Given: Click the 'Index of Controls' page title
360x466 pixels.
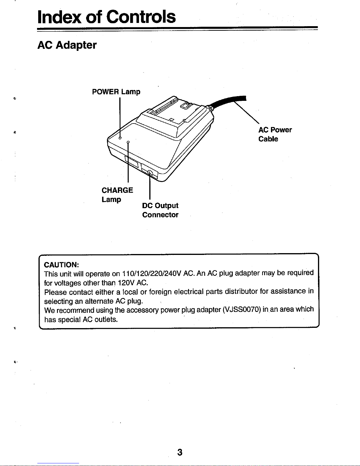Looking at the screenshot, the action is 107,17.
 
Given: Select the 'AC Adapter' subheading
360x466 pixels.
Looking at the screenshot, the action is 67,45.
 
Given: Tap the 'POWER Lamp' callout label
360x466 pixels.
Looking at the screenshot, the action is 116,92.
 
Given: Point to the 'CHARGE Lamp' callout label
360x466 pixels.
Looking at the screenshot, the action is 117,194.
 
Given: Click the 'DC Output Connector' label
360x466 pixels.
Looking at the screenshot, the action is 160,210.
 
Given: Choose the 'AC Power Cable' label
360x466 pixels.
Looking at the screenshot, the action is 275,134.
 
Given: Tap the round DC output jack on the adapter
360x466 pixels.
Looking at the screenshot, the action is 150,173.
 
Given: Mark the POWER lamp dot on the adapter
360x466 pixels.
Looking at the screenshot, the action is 120,138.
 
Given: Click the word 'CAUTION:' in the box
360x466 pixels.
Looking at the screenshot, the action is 61,264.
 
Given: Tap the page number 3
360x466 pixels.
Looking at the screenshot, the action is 180,452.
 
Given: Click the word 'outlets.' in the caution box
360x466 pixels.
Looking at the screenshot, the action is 106,319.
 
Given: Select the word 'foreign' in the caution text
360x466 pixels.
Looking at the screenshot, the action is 160,292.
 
